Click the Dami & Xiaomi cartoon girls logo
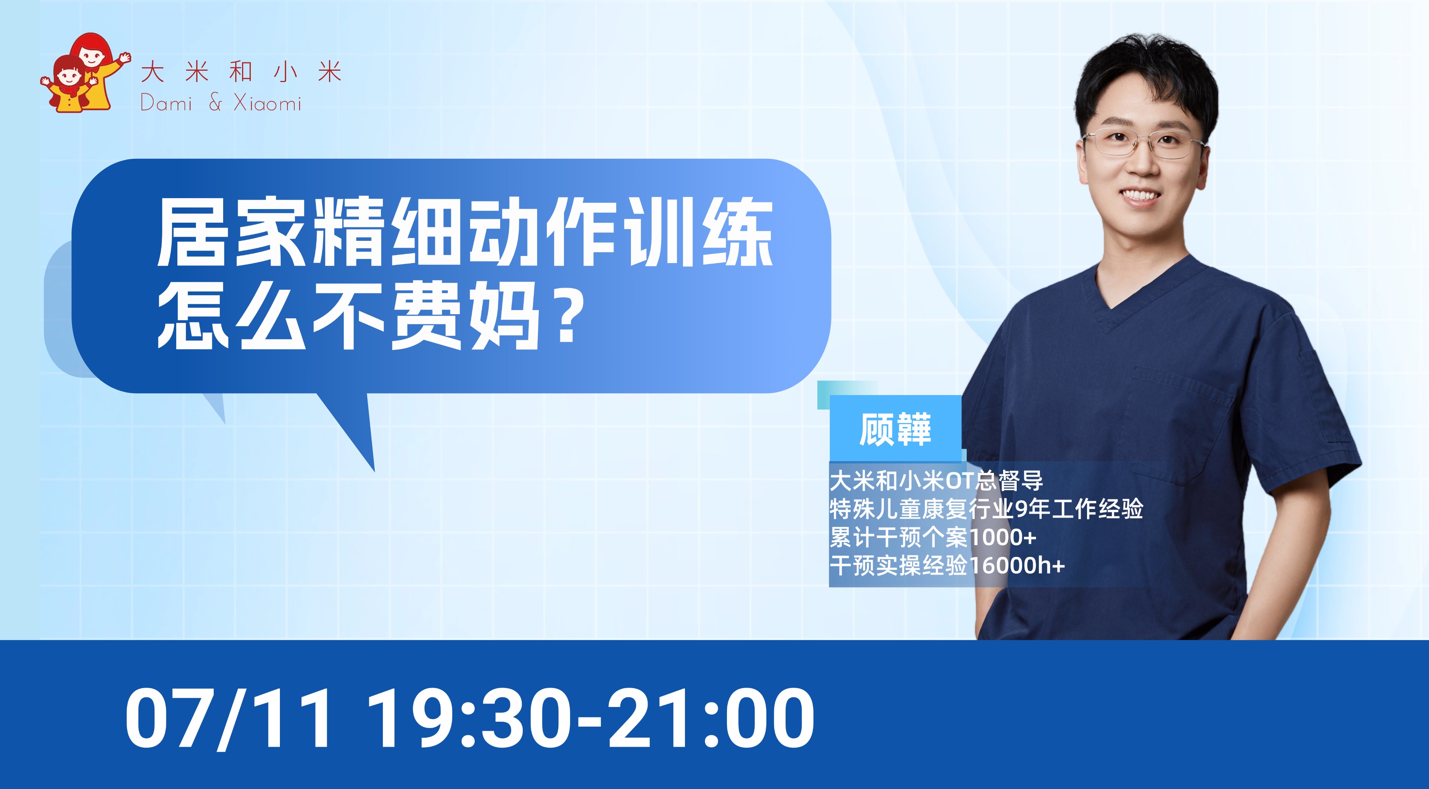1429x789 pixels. tap(85, 73)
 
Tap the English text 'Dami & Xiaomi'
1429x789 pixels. tap(221, 103)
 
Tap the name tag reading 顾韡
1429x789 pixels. tap(895, 429)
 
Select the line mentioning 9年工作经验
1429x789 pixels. tap(986, 508)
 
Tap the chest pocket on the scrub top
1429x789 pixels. tap(1182, 422)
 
